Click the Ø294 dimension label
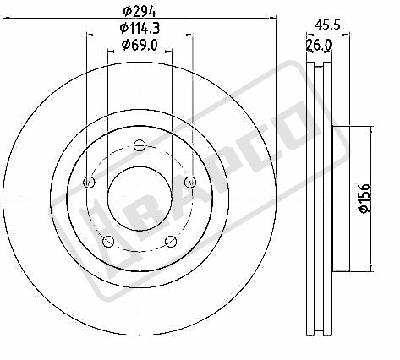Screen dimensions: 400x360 tap(140, 12)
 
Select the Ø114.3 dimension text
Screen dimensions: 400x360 tap(140, 28)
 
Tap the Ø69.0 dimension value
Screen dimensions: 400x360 tap(140, 45)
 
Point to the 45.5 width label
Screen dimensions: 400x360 tap(327, 25)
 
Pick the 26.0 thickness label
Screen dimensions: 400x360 tap(319, 45)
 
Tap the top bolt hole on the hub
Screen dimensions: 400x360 tap(140, 145)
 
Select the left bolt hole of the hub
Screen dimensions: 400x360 tap(89, 182)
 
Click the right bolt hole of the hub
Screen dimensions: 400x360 tap(190, 182)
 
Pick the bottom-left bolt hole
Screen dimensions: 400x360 tap(108, 241)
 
